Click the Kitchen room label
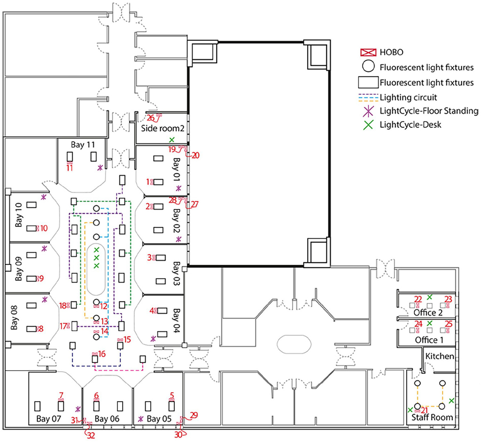(x=440, y=356)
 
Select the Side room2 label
(x=161, y=128)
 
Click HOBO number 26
(x=150, y=117)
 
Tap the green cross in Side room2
(x=172, y=139)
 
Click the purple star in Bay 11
(x=100, y=167)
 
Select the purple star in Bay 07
(x=78, y=409)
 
